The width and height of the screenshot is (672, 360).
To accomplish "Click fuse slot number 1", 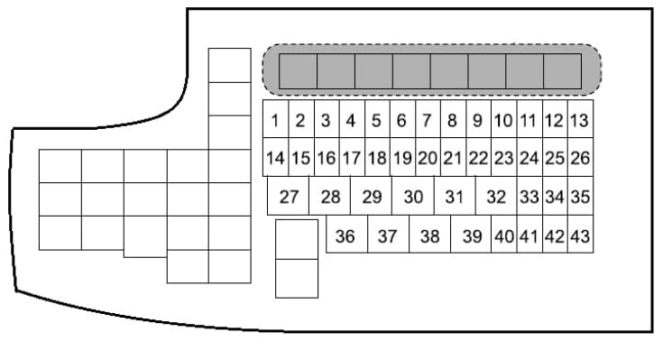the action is pyautogui.click(x=276, y=119).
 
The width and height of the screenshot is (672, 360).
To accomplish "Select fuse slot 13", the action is pyautogui.click(x=581, y=119).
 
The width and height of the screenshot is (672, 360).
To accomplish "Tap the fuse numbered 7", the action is pyautogui.click(x=428, y=119).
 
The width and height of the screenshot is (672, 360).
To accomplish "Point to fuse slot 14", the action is pyautogui.click(x=276, y=157).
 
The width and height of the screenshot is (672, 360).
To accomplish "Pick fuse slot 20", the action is pyautogui.click(x=428, y=157).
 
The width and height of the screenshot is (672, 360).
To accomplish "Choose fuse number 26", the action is pyautogui.click(x=581, y=157).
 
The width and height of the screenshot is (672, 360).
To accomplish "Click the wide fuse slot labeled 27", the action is pyautogui.click(x=289, y=196).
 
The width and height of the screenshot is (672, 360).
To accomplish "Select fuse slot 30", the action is pyautogui.click(x=413, y=196).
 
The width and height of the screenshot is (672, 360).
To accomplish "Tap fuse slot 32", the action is pyautogui.click(x=496, y=196).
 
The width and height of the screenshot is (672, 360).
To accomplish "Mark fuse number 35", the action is pyautogui.click(x=581, y=196).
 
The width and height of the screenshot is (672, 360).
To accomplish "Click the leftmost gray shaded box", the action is pyautogui.click(x=299, y=71).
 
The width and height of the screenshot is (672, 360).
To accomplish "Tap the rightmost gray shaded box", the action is pyautogui.click(x=563, y=71).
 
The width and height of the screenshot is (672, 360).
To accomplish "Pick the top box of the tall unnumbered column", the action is pyautogui.click(x=230, y=65).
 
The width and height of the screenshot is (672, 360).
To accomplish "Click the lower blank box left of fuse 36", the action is pyautogui.click(x=297, y=278).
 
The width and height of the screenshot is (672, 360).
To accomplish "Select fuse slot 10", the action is pyautogui.click(x=504, y=119).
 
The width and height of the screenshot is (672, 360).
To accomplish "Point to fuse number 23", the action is pyautogui.click(x=504, y=157).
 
